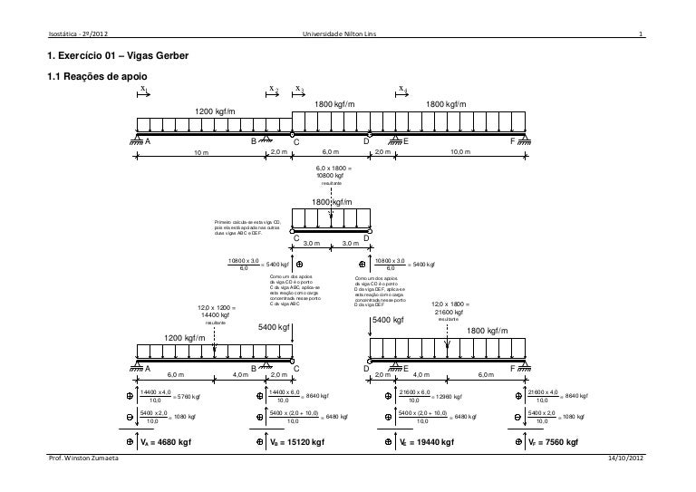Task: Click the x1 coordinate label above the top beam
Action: (x=143, y=89)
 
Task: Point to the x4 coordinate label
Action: (x=403, y=89)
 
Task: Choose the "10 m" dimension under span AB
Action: (x=201, y=153)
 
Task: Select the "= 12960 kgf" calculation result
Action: (x=445, y=396)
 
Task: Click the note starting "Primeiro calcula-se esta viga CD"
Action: (x=247, y=227)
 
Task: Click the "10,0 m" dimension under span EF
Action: (x=461, y=153)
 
